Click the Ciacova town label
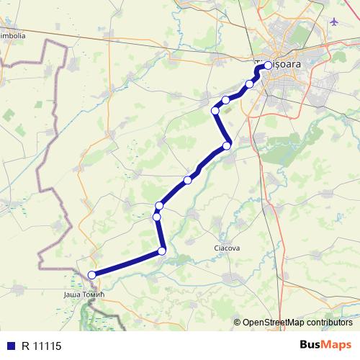click(x=227, y=248)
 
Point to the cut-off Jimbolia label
click(x=13, y=35)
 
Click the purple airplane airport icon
click(x=333, y=20)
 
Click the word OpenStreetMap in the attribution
click(x=276, y=323)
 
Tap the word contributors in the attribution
click(x=331, y=323)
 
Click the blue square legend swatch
click(x=10, y=345)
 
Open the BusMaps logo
click(x=326, y=344)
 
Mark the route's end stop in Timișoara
click(x=268, y=66)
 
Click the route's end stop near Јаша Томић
click(x=91, y=274)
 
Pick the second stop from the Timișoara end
click(x=250, y=84)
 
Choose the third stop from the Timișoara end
click(x=225, y=100)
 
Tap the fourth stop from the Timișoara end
click(x=215, y=110)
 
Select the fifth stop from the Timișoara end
click(x=226, y=146)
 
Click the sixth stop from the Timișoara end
click(x=187, y=179)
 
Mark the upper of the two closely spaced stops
click(x=159, y=206)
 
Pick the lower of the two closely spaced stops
click(x=156, y=217)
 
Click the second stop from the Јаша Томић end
click(x=162, y=251)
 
